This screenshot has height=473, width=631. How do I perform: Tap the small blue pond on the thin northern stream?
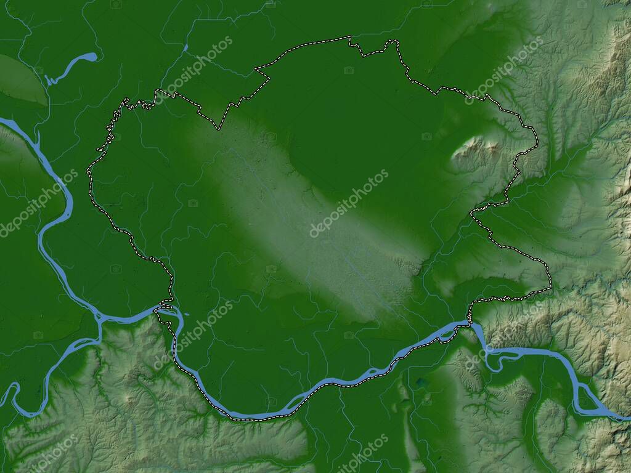click(x=185, y=47)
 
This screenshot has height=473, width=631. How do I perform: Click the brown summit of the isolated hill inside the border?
click(x=478, y=147)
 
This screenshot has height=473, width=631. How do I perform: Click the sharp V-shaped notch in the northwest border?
click(x=218, y=128)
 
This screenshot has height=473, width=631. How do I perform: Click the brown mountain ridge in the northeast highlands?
click(x=616, y=62)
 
